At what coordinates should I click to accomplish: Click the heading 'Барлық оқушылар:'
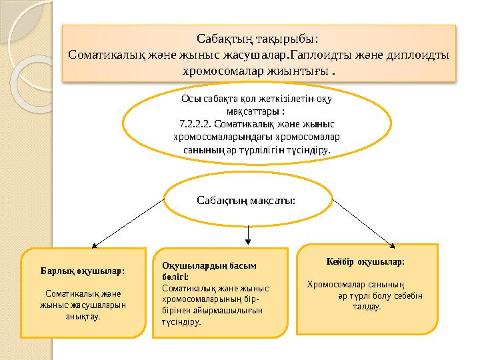(83, 271)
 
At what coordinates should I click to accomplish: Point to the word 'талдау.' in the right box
(367, 307)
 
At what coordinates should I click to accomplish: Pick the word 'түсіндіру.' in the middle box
(181, 321)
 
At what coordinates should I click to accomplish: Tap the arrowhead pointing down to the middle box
(248, 241)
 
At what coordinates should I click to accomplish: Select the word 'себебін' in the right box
(408, 296)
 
